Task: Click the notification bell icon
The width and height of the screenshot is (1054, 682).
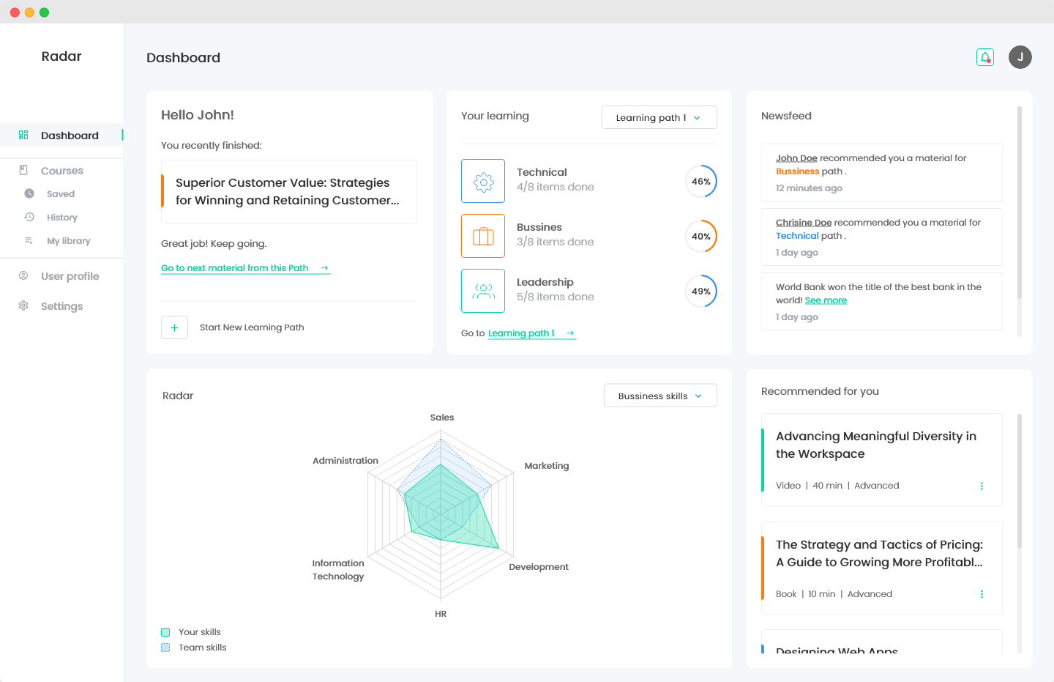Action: coord(985,57)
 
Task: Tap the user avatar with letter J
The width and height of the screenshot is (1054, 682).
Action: coord(1020,57)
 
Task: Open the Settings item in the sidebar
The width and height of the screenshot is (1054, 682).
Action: coord(61,306)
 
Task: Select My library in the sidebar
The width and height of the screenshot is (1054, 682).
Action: coord(68,241)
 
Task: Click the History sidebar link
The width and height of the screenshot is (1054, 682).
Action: coord(61,218)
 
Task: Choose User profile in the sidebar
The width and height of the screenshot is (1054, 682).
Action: coord(70,276)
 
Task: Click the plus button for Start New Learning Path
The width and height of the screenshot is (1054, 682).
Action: coord(174,327)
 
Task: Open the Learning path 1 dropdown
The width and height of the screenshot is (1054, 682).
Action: coord(659,117)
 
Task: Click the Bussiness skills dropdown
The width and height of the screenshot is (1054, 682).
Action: coord(659,396)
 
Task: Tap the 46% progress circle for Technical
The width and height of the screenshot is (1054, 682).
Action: coord(701,182)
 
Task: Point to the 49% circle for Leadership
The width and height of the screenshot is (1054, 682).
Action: coord(701,292)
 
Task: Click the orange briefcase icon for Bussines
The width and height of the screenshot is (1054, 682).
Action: coord(483,236)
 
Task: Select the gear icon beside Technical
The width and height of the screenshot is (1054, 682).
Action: coord(483,181)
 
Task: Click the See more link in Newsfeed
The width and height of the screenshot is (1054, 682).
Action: coord(826,300)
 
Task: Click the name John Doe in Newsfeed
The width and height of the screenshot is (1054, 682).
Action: coord(796,158)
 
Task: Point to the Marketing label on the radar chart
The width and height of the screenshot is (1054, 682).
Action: coord(546,466)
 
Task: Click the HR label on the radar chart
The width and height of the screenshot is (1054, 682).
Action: coord(441,614)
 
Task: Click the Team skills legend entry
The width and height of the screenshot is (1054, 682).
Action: coord(202,648)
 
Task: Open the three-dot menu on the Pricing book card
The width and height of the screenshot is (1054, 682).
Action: coord(982,594)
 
